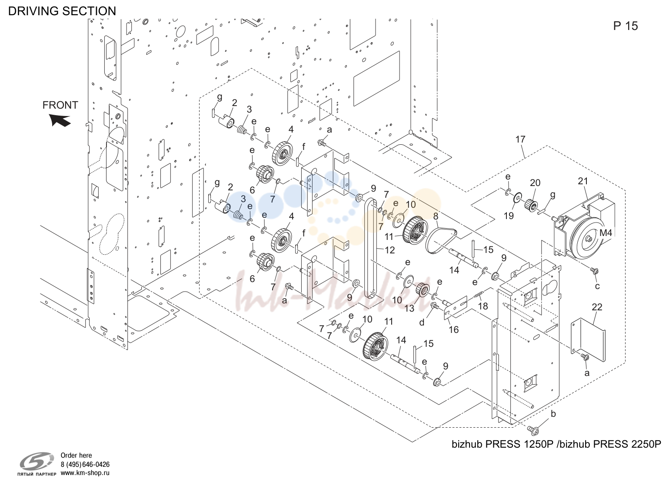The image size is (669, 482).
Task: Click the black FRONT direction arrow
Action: pyautogui.click(x=60, y=120)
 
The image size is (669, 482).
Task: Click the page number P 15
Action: pyautogui.click(x=626, y=26)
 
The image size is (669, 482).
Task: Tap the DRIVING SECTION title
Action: pyautogui.click(x=62, y=11)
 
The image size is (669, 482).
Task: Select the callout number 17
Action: pyautogui.click(x=520, y=139)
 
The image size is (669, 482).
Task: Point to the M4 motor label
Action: pyautogui.click(x=606, y=233)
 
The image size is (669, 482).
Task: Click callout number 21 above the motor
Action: pyautogui.click(x=582, y=181)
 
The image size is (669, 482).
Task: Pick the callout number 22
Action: pyautogui.click(x=597, y=307)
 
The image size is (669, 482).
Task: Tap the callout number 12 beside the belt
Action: pyautogui.click(x=389, y=250)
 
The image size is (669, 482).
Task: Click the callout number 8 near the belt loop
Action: pyautogui.click(x=436, y=216)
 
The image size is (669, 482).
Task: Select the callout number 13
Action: pyautogui.click(x=409, y=308)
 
